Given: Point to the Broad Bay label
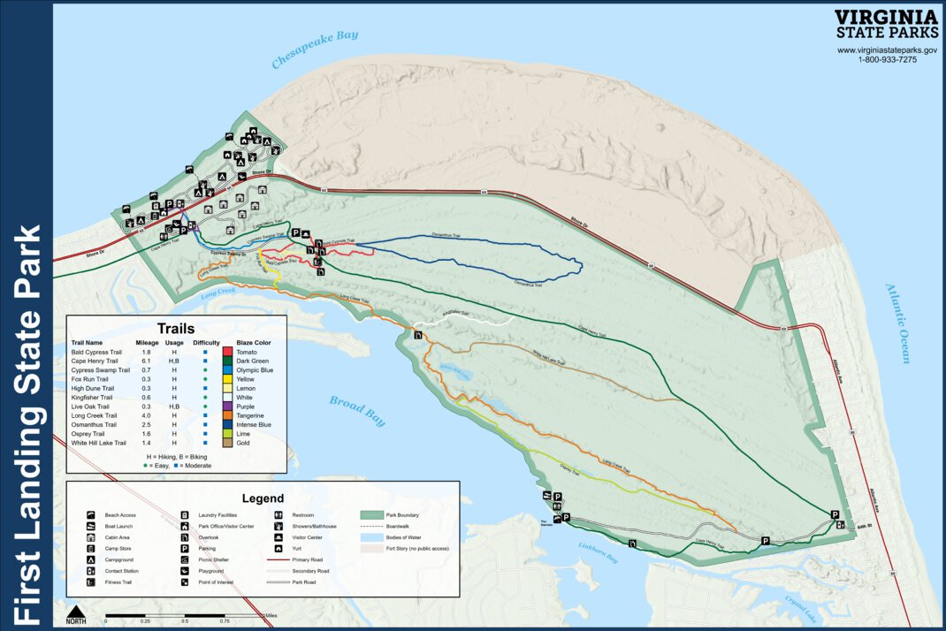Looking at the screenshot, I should click(358, 412).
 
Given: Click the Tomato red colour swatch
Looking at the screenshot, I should click(227, 352).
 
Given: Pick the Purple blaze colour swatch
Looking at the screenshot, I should click(227, 406).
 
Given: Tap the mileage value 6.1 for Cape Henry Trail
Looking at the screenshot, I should click(145, 361).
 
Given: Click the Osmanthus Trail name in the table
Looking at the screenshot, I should click(93, 424).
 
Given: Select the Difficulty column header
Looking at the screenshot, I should click(206, 342).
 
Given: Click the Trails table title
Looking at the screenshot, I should click(175, 328).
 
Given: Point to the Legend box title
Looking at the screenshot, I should click(263, 498).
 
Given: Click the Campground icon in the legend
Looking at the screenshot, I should click(91, 559).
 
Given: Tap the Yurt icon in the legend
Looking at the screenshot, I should click(278, 548).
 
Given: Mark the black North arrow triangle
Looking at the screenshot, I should click(77, 611).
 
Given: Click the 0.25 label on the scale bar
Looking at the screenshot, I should click(145, 620).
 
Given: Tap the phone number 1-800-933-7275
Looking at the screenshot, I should click(887, 59).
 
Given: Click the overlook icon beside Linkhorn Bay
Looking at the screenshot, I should click(632, 543).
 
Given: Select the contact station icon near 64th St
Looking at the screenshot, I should click(840, 524).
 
